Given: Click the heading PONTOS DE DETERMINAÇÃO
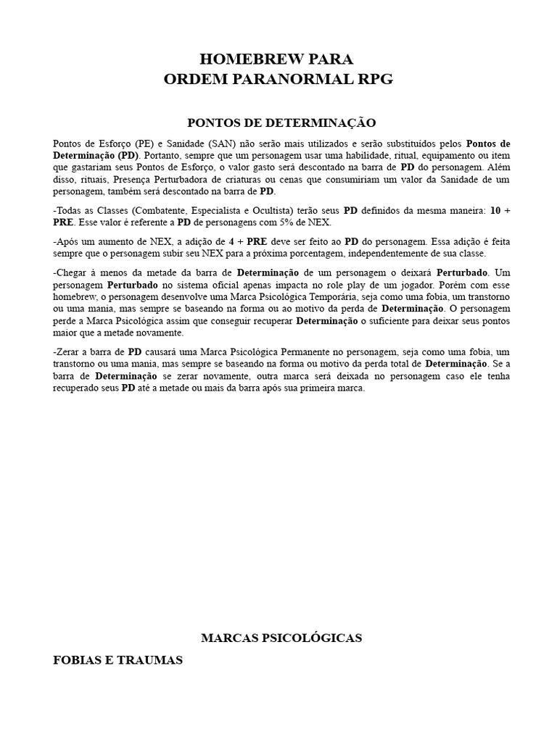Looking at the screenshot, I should (x=278, y=123).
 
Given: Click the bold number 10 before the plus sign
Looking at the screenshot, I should (x=495, y=211).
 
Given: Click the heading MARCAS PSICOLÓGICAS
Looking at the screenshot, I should (x=281, y=638).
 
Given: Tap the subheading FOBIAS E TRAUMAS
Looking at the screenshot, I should (x=118, y=660).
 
